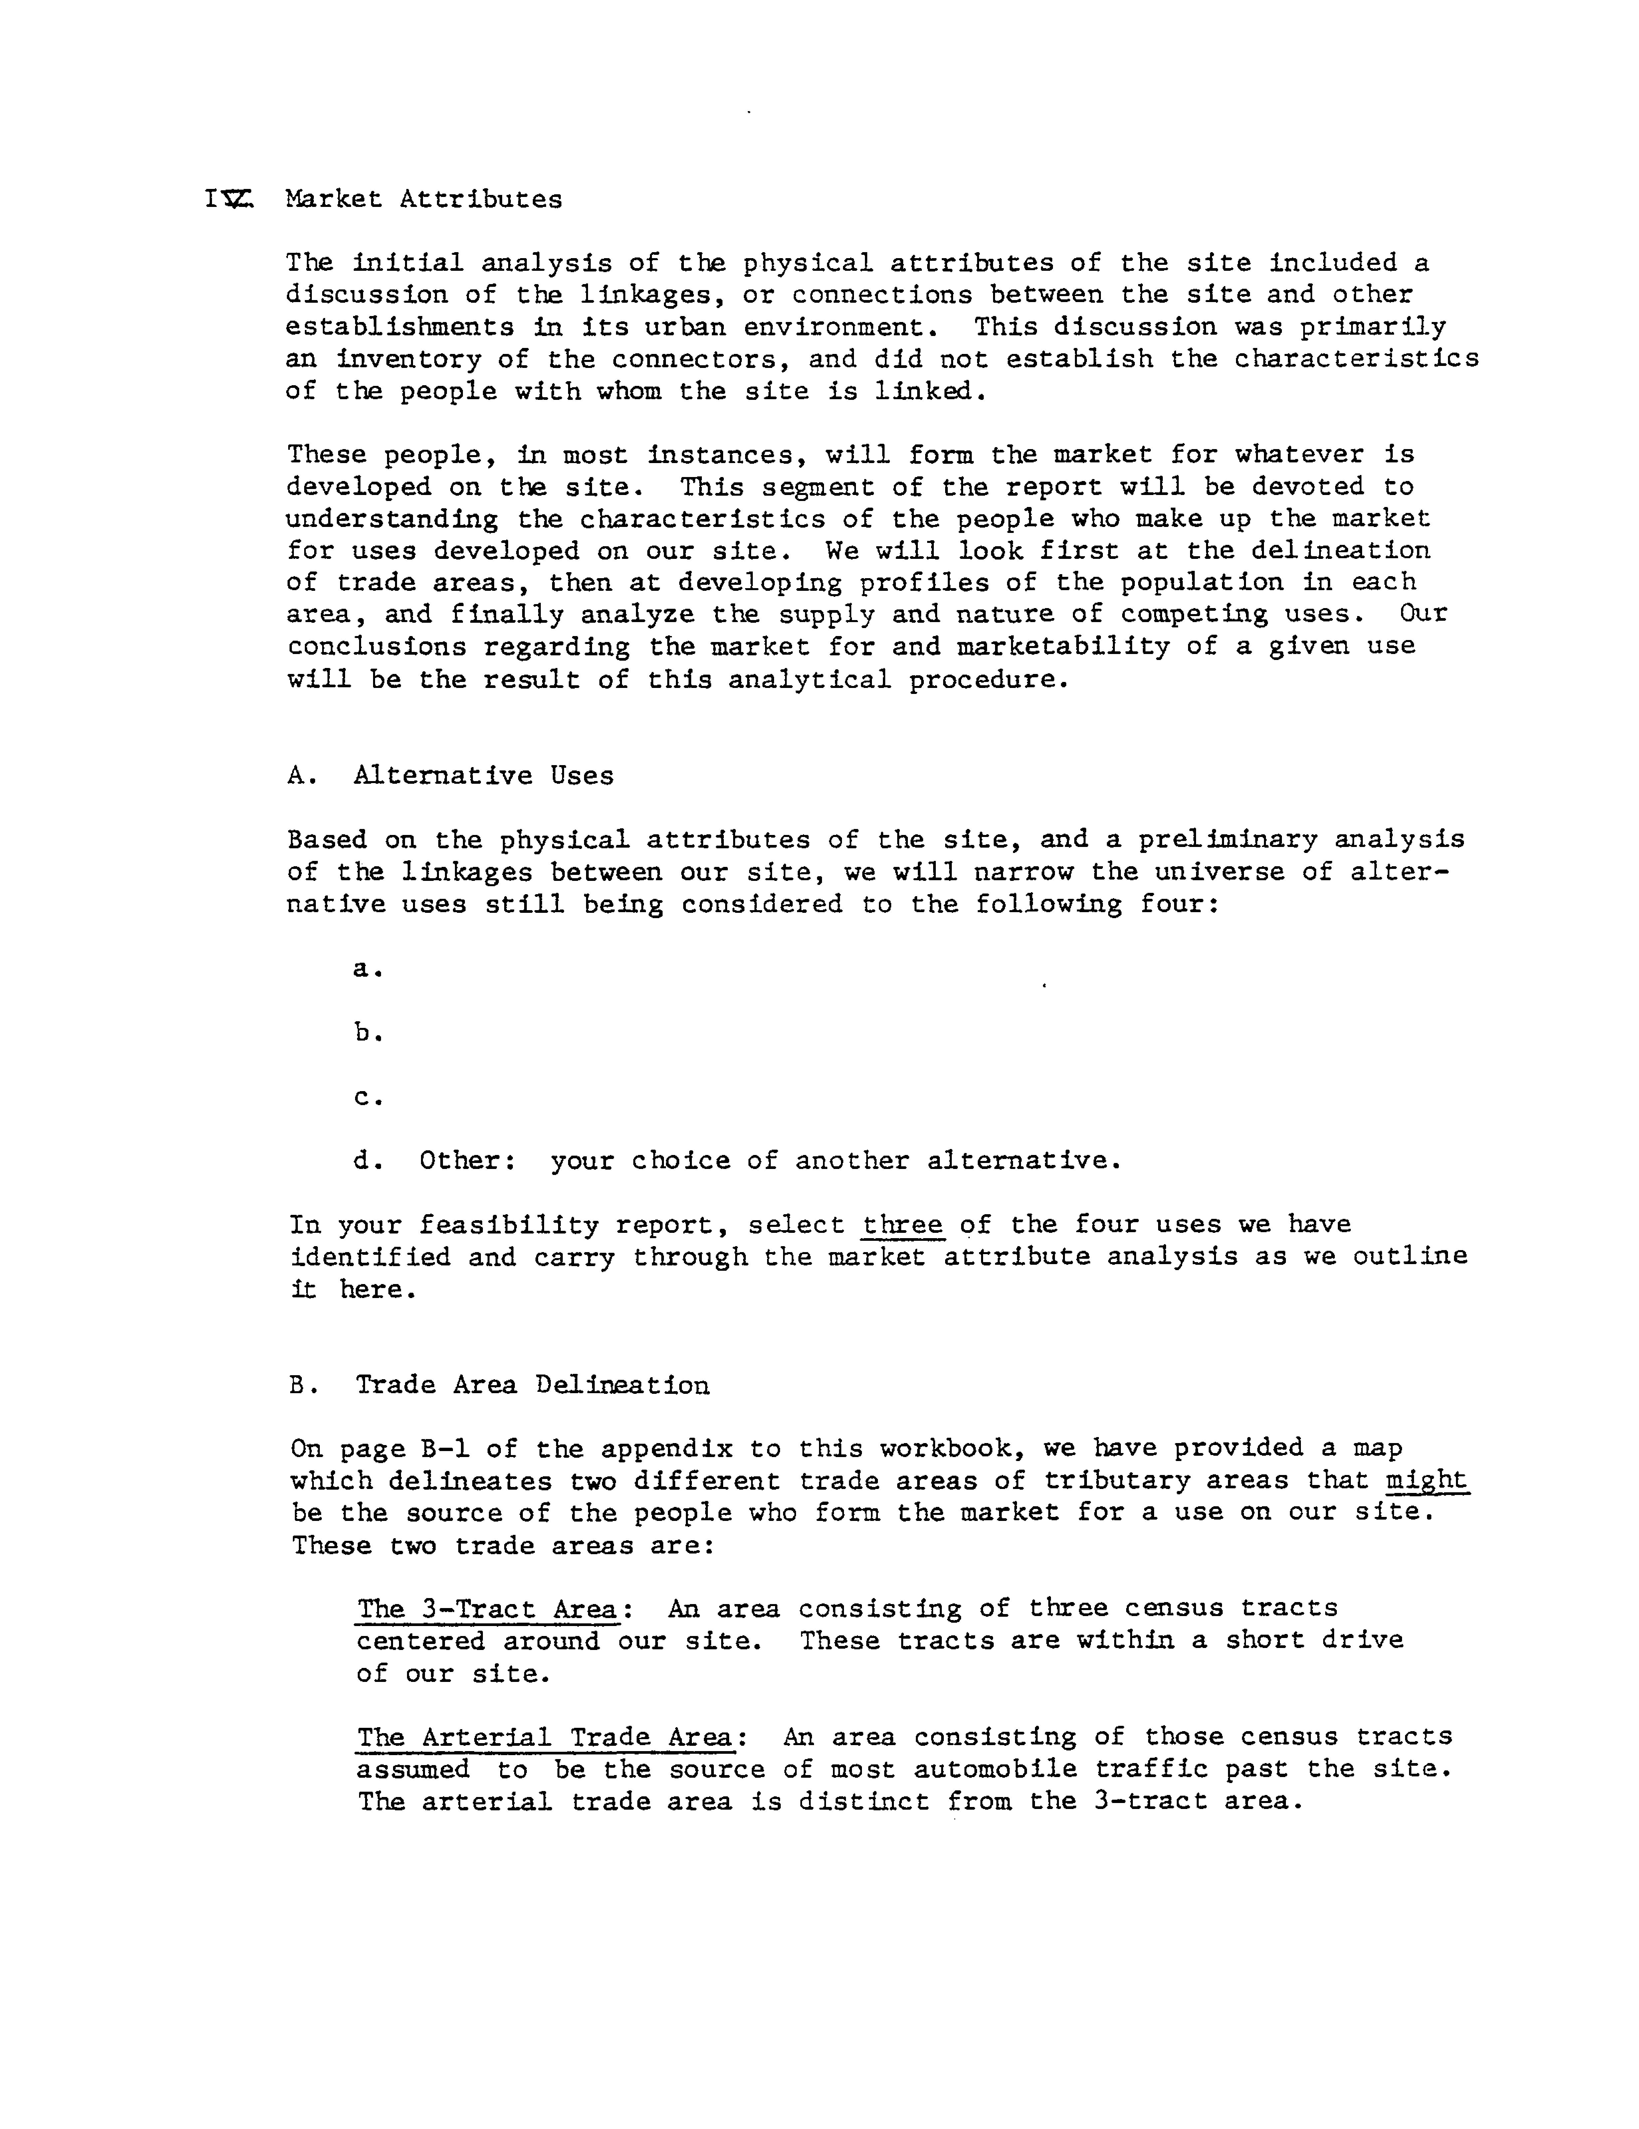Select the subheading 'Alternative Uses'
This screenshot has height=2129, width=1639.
[x=484, y=776]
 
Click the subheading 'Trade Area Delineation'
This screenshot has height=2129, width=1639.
[x=532, y=1385]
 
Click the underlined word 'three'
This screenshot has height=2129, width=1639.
[x=903, y=1225]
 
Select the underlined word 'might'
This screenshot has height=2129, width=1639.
[x=1426, y=1481]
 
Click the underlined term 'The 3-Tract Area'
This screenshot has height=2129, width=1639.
[x=487, y=1608]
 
